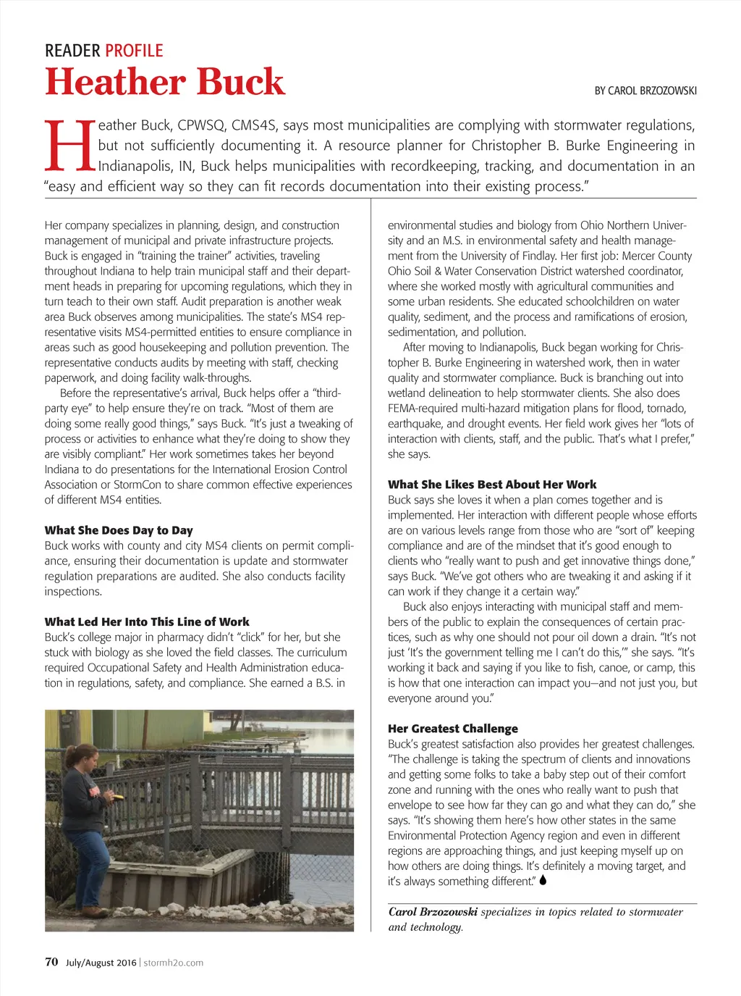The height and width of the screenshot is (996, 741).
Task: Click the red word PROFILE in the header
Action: [x=134, y=51]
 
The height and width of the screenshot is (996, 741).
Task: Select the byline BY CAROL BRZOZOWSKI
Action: [x=645, y=91]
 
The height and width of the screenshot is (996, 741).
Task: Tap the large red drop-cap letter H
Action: [x=69, y=145]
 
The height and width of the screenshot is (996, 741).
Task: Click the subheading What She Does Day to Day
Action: [x=119, y=530]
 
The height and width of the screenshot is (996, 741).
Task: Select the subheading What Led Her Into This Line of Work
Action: [x=147, y=622]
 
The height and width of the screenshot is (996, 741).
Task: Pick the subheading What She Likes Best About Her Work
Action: [x=492, y=485]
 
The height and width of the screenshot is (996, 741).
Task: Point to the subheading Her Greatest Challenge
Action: [x=453, y=729]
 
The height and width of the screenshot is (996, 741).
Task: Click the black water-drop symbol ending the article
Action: [x=543, y=880]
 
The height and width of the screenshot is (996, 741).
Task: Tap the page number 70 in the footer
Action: [x=51, y=962]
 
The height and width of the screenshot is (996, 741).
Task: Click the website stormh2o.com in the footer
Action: [x=173, y=963]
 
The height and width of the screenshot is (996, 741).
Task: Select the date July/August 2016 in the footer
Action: [x=101, y=963]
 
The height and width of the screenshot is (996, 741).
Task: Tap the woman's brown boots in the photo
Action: [x=93, y=912]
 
